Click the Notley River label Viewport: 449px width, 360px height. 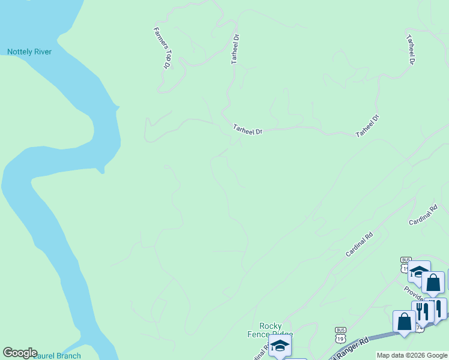click(29, 52)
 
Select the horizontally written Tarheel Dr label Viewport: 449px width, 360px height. click(248, 129)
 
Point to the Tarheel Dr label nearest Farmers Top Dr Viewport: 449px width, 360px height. click(236, 49)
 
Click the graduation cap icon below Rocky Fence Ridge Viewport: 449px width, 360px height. click(280, 347)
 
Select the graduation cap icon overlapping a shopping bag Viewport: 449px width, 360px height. click(418, 271)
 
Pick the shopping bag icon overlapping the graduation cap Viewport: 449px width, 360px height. click(433, 283)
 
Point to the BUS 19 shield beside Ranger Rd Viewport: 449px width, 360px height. click(341, 334)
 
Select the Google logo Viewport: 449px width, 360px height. click(20, 353)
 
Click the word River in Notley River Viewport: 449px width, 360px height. click(42, 52)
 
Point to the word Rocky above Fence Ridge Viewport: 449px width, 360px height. click(271, 326)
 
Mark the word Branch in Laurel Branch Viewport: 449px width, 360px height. click(67, 356)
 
